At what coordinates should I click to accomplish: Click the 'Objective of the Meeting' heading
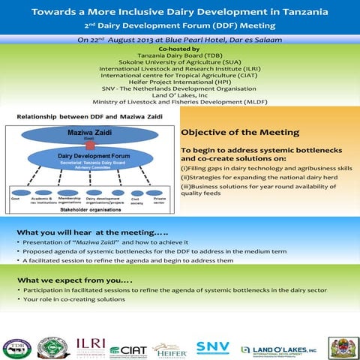240,133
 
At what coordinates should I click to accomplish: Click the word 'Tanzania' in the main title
283,13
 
